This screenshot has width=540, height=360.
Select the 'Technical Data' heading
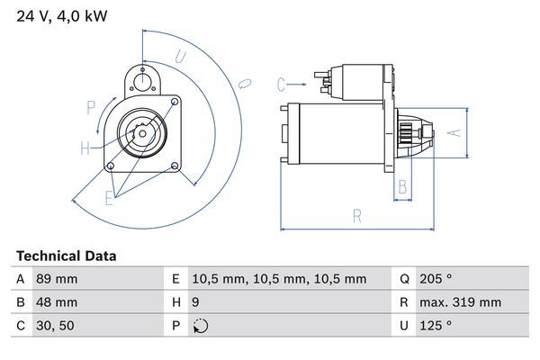tap(66, 256)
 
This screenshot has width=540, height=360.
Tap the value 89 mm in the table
tap(56, 279)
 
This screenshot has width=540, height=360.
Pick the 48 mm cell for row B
tap(56, 302)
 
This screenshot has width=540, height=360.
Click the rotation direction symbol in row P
tap(201, 326)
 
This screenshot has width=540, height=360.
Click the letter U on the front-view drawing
tap(181, 57)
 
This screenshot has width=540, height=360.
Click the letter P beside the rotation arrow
tap(91, 109)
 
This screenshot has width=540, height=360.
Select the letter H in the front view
tap(85, 148)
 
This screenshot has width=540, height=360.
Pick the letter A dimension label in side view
tap(455, 132)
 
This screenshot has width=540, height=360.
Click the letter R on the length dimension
tap(357, 216)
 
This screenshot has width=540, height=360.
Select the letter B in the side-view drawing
tap(403, 187)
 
